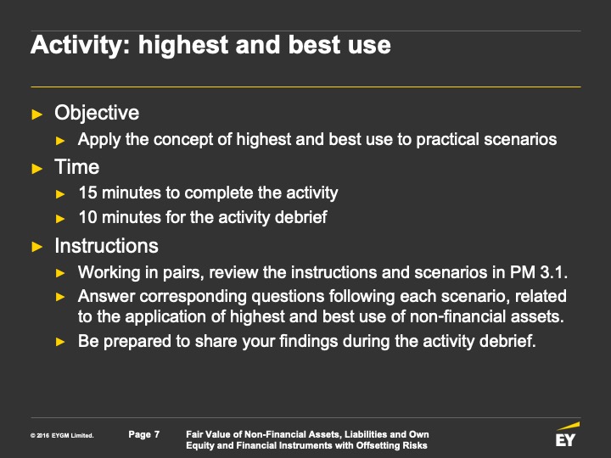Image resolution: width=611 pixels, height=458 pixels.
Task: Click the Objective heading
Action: coord(97,113)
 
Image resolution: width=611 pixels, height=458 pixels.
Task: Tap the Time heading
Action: coord(76,167)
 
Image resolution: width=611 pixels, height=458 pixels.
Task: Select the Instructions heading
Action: coord(106,246)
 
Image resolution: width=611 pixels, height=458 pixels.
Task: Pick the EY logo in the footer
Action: coord(567,434)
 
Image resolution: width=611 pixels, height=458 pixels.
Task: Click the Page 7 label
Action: coord(144,434)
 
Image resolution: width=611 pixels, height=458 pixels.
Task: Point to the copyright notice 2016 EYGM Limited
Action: coord(62,435)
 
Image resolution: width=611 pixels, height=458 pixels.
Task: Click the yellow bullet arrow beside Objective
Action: coord(37,114)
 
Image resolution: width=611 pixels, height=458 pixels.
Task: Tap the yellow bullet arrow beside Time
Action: coord(37,169)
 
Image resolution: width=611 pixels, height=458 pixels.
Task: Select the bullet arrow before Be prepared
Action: coord(60,342)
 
